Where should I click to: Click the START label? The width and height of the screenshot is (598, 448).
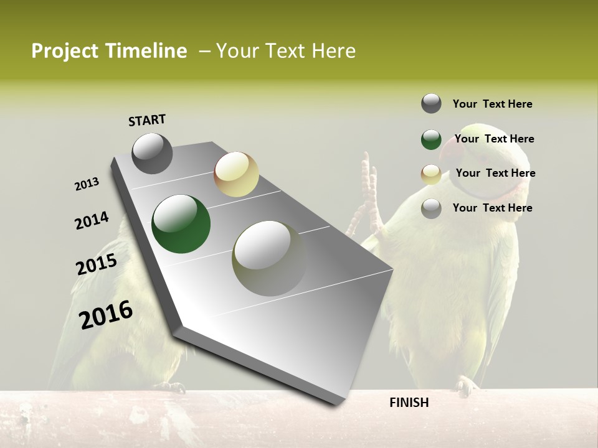(147, 119)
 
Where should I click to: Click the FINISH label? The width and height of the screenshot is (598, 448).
(409, 403)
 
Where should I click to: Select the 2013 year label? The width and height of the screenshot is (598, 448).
(87, 184)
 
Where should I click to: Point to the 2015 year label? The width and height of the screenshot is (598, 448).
(97, 264)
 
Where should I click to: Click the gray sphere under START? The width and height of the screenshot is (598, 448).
(152, 153)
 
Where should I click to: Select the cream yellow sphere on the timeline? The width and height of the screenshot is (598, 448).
(236, 174)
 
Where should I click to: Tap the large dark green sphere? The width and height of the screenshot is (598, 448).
(181, 224)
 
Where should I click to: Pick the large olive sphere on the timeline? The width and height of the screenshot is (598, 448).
(270, 258)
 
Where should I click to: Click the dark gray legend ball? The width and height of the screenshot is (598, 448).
(431, 103)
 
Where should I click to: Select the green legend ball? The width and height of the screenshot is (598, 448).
(431, 139)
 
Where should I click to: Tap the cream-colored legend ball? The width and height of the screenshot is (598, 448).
(431, 174)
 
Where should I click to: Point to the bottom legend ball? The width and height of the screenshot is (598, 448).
(431, 208)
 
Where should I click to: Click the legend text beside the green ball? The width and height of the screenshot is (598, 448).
(494, 139)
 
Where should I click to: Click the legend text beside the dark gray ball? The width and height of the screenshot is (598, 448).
(492, 104)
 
